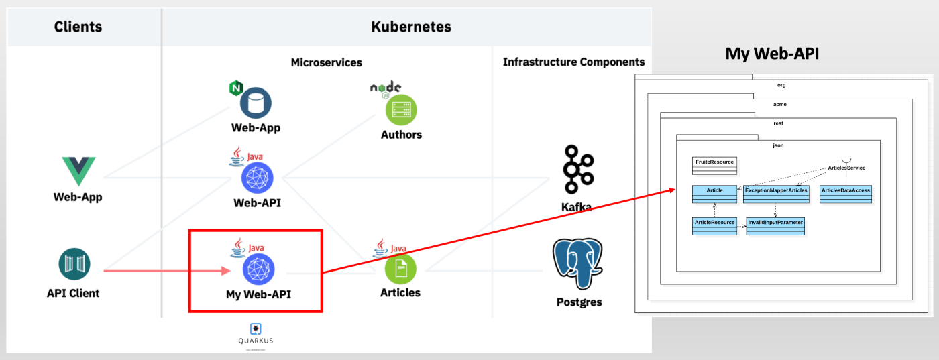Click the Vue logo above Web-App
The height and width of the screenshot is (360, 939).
click(x=78, y=171)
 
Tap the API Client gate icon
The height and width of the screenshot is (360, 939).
click(x=74, y=264)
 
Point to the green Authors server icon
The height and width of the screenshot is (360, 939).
click(x=401, y=109)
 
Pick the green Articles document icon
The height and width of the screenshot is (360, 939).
click(x=400, y=269)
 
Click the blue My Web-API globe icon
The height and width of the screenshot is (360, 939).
click(x=258, y=269)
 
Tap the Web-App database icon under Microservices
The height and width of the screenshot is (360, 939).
click(x=256, y=103)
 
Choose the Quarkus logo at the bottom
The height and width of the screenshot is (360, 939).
click(x=256, y=328)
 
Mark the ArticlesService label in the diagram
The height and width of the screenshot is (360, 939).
click(x=846, y=168)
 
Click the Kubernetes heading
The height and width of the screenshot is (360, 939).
click(x=410, y=27)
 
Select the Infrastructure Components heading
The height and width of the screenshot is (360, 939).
click(x=573, y=62)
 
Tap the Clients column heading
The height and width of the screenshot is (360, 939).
click(x=78, y=27)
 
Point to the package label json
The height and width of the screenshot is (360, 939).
click(x=778, y=145)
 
